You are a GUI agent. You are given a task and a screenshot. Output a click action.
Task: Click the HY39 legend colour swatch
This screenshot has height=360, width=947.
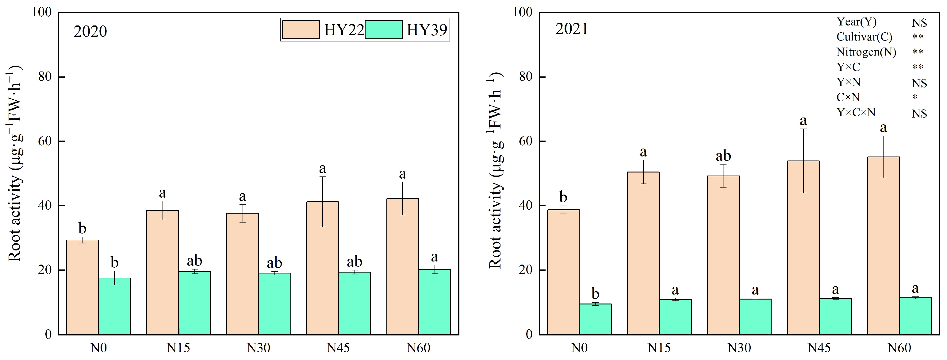point(383,30)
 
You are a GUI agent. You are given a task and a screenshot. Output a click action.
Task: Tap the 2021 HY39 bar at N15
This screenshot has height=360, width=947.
point(675,317)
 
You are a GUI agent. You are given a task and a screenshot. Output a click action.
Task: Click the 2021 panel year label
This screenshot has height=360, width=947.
point(572,29)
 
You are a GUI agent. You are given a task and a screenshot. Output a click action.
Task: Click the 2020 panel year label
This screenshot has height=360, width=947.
point(90,32)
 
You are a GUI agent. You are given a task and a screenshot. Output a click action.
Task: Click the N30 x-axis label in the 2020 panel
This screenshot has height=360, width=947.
point(258,347)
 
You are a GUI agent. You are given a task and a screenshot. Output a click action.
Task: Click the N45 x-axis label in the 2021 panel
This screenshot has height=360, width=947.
point(819,347)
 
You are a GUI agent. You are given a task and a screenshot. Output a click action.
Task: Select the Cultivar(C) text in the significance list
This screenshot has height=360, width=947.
point(864,37)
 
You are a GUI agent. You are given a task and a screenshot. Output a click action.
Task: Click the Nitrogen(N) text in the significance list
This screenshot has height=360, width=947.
point(866,52)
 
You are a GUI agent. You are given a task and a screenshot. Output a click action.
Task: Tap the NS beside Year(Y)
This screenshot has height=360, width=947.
point(919,23)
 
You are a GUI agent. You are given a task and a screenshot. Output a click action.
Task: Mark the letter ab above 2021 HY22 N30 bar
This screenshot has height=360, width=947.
point(723,156)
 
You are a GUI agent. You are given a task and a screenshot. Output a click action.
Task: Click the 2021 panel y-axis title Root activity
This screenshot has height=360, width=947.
point(495,173)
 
